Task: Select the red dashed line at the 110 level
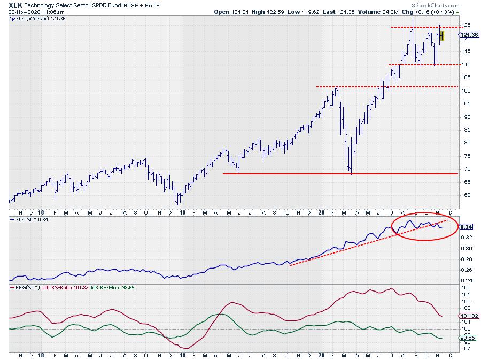click(x=422, y=65)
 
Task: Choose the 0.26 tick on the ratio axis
click(x=466, y=270)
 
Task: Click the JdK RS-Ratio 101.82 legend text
click(x=69, y=288)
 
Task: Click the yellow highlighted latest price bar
click(x=441, y=35)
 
